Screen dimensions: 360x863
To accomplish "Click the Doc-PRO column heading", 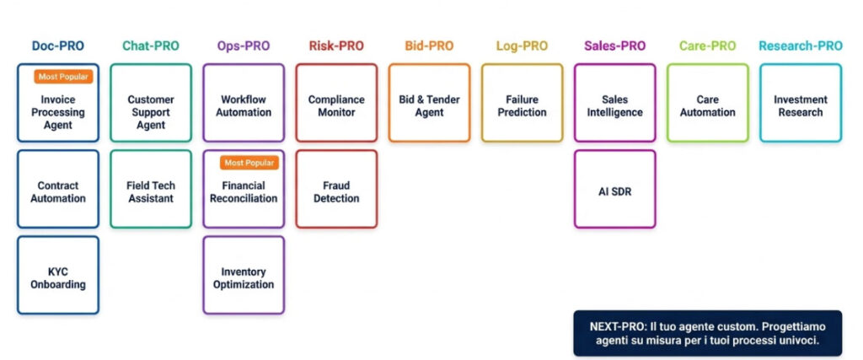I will tap(58, 46).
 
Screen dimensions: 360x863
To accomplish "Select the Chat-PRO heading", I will tap(151, 46).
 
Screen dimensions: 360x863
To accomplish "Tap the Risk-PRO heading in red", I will tap(336, 46).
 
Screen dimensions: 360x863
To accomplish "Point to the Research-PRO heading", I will tap(800, 46).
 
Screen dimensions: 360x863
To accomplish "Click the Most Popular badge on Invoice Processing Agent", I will tap(62, 77).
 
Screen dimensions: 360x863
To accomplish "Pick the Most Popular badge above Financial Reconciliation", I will tap(249, 163).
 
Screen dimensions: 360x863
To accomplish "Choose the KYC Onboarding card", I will tap(58, 277).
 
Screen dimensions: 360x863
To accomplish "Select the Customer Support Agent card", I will tap(151, 105).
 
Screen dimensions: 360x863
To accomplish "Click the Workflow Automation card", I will tap(244, 105).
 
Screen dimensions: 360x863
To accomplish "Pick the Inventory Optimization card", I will tap(244, 277).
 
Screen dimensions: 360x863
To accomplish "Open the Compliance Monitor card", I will tap(336, 105).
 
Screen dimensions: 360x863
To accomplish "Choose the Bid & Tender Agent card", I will tap(429, 105).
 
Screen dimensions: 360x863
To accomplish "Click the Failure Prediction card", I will tap(522, 105).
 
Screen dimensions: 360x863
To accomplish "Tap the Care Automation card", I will tap(707, 105).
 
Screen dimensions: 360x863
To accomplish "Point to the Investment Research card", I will tap(800, 105).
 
